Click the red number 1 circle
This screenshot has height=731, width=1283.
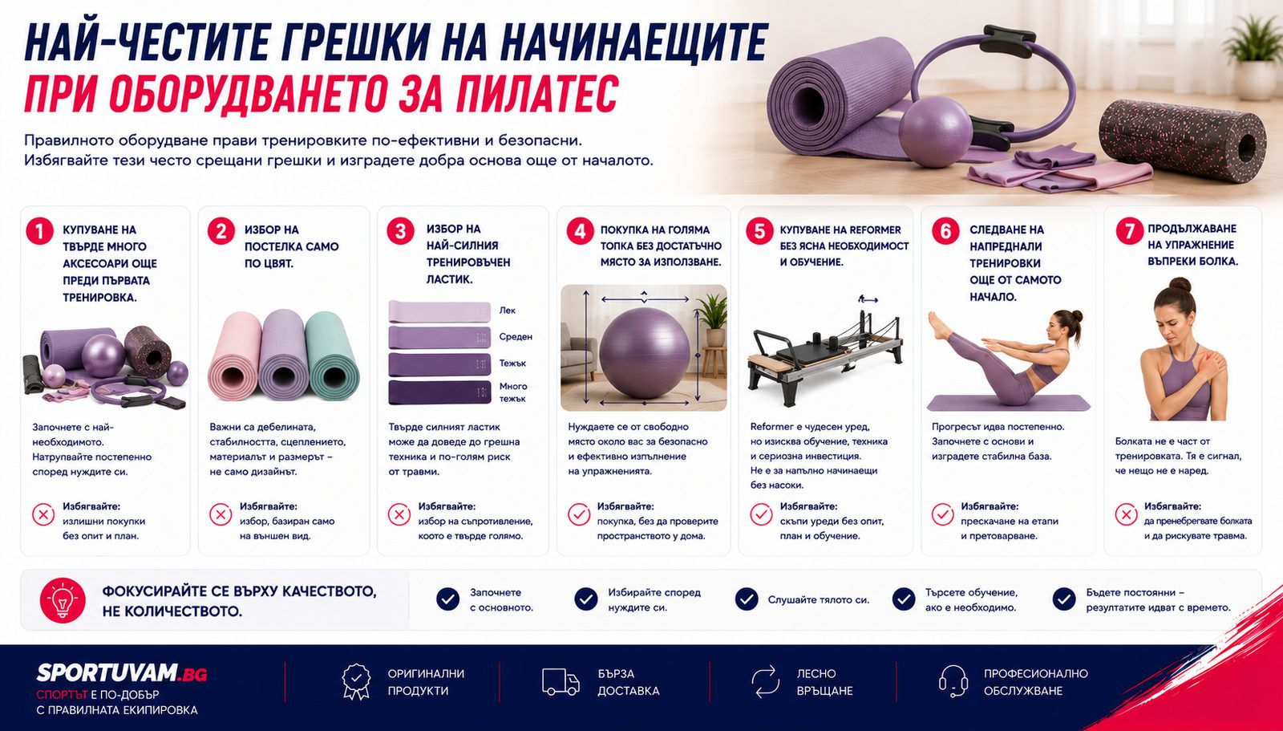pos(39,232)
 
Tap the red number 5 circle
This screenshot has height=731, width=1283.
pos(759,231)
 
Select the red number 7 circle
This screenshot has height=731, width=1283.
pos(1130,231)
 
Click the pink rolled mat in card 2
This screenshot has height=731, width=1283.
pos(235,355)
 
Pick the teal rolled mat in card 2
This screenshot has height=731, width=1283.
pos(332,355)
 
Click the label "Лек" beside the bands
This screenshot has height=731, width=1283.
pos(507,311)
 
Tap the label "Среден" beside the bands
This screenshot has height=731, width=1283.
pos(516,336)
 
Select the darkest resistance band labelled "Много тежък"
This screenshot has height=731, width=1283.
pos(439,392)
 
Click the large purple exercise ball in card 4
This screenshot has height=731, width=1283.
pos(644,352)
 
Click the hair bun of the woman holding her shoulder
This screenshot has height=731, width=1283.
pos(1180,284)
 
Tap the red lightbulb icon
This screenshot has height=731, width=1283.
pos(63,600)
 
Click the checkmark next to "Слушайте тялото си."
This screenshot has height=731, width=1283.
pos(747,599)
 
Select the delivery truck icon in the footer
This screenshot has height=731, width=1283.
pos(561,682)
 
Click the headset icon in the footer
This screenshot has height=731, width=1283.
pos(953,681)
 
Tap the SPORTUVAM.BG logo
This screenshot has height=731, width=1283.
pos(121,672)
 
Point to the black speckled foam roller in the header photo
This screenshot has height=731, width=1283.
pos(1183,140)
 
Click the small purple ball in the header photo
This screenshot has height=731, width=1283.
pos(935,132)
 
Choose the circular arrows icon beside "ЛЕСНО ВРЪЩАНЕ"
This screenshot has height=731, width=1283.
pos(765,681)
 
